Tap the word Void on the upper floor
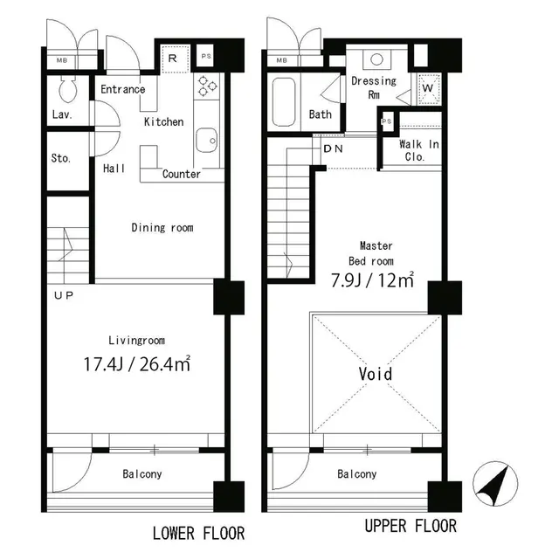pyautogui.click(x=376, y=374)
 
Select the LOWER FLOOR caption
pyautogui.click(x=198, y=533)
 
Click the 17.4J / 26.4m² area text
pyautogui.click(x=137, y=362)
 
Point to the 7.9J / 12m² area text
pyautogui.click(x=372, y=281)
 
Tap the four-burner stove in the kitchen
pyautogui.click(x=208, y=86)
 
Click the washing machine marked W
pyautogui.click(x=429, y=89)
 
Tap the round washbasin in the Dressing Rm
pyautogui.click(x=376, y=60)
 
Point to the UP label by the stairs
pyautogui.click(x=64, y=295)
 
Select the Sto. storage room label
pyautogui.click(x=61, y=159)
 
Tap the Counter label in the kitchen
pyautogui.click(x=182, y=174)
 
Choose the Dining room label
pyautogui.click(x=162, y=228)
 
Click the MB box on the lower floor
pyautogui.click(x=62, y=60)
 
